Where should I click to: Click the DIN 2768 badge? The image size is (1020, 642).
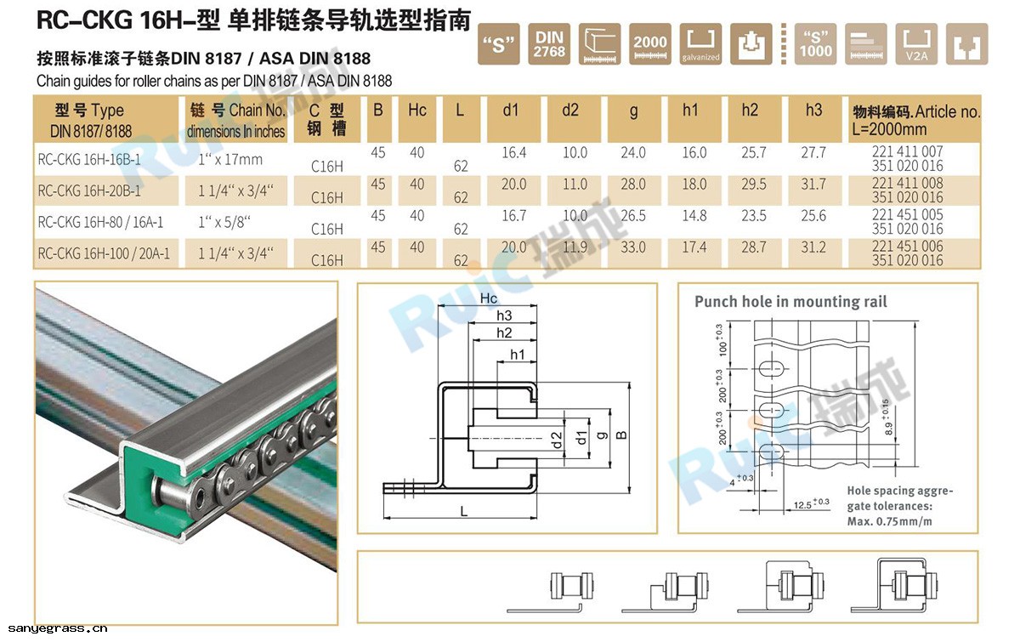tap(549, 44)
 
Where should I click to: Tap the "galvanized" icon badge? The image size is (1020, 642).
tap(700, 44)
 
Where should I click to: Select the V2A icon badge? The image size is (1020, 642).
tap(916, 44)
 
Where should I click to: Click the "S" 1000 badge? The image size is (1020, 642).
tap(815, 44)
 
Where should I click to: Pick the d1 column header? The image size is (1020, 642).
tap(510, 111)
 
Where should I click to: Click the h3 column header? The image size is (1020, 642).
tap(813, 111)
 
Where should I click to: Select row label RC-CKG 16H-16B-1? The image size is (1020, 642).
tap(89, 159)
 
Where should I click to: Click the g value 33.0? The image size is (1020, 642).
tap(633, 247)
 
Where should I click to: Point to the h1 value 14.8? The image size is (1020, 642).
tap(694, 216)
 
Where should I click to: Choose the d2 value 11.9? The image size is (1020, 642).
tap(575, 247)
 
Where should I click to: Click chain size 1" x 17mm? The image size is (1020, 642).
tap(229, 159)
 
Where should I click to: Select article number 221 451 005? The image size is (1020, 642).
tap(908, 215)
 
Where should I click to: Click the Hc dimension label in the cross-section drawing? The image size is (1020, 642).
tap(489, 298)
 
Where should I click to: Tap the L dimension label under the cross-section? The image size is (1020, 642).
tap(463, 510)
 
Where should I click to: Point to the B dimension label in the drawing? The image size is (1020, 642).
tap(622, 435)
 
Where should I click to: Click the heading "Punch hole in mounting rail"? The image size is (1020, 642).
tap(790, 302)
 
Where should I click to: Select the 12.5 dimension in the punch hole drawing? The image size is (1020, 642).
tap(804, 504)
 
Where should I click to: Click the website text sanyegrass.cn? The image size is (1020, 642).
tap(54, 629)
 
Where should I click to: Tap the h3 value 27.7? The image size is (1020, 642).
tap(813, 153)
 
